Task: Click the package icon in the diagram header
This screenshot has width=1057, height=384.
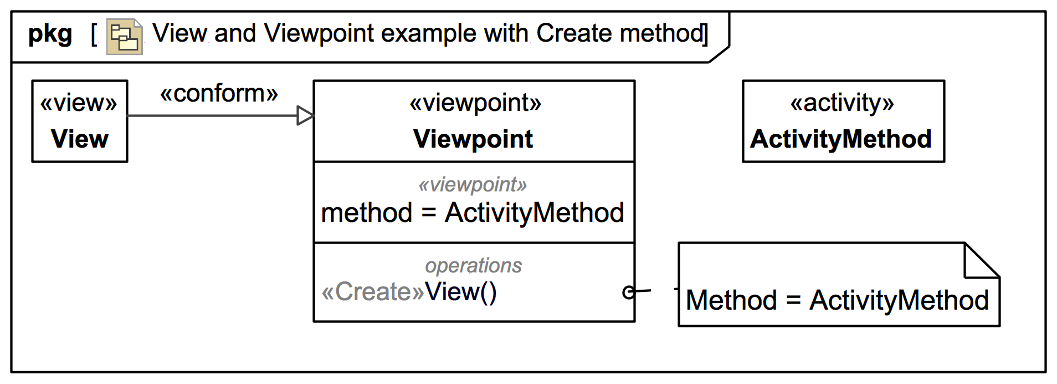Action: click(x=124, y=37)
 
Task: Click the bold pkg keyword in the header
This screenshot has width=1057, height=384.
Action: click(x=50, y=34)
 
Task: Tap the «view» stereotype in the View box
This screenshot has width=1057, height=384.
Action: click(x=79, y=103)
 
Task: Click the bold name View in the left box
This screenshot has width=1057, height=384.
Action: click(x=79, y=139)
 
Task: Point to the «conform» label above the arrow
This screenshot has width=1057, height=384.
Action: click(x=219, y=94)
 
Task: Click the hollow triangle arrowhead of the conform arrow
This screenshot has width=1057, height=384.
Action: click(x=305, y=115)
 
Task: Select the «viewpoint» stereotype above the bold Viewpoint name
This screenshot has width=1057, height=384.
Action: click(x=475, y=103)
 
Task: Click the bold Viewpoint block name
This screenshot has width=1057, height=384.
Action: click(x=473, y=139)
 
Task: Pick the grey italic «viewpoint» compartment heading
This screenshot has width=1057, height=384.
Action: click(x=473, y=184)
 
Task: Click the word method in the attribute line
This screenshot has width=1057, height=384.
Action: click(x=367, y=213)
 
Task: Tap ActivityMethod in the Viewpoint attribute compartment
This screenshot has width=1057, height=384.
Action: click(x=534, y=213)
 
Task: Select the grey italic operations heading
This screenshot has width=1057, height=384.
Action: click(x=473, y=265)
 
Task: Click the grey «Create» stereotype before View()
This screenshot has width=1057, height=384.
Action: click(x=373, y=292)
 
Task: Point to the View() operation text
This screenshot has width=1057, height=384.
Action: click(x=460, y=292)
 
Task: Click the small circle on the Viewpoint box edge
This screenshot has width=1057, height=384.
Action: click(x=628, y=292)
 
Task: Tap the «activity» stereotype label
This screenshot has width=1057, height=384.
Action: click(x=842, y=103)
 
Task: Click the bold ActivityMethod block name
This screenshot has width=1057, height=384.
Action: click(x=841, y=139)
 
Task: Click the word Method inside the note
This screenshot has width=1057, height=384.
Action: click(x=731, y=301)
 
